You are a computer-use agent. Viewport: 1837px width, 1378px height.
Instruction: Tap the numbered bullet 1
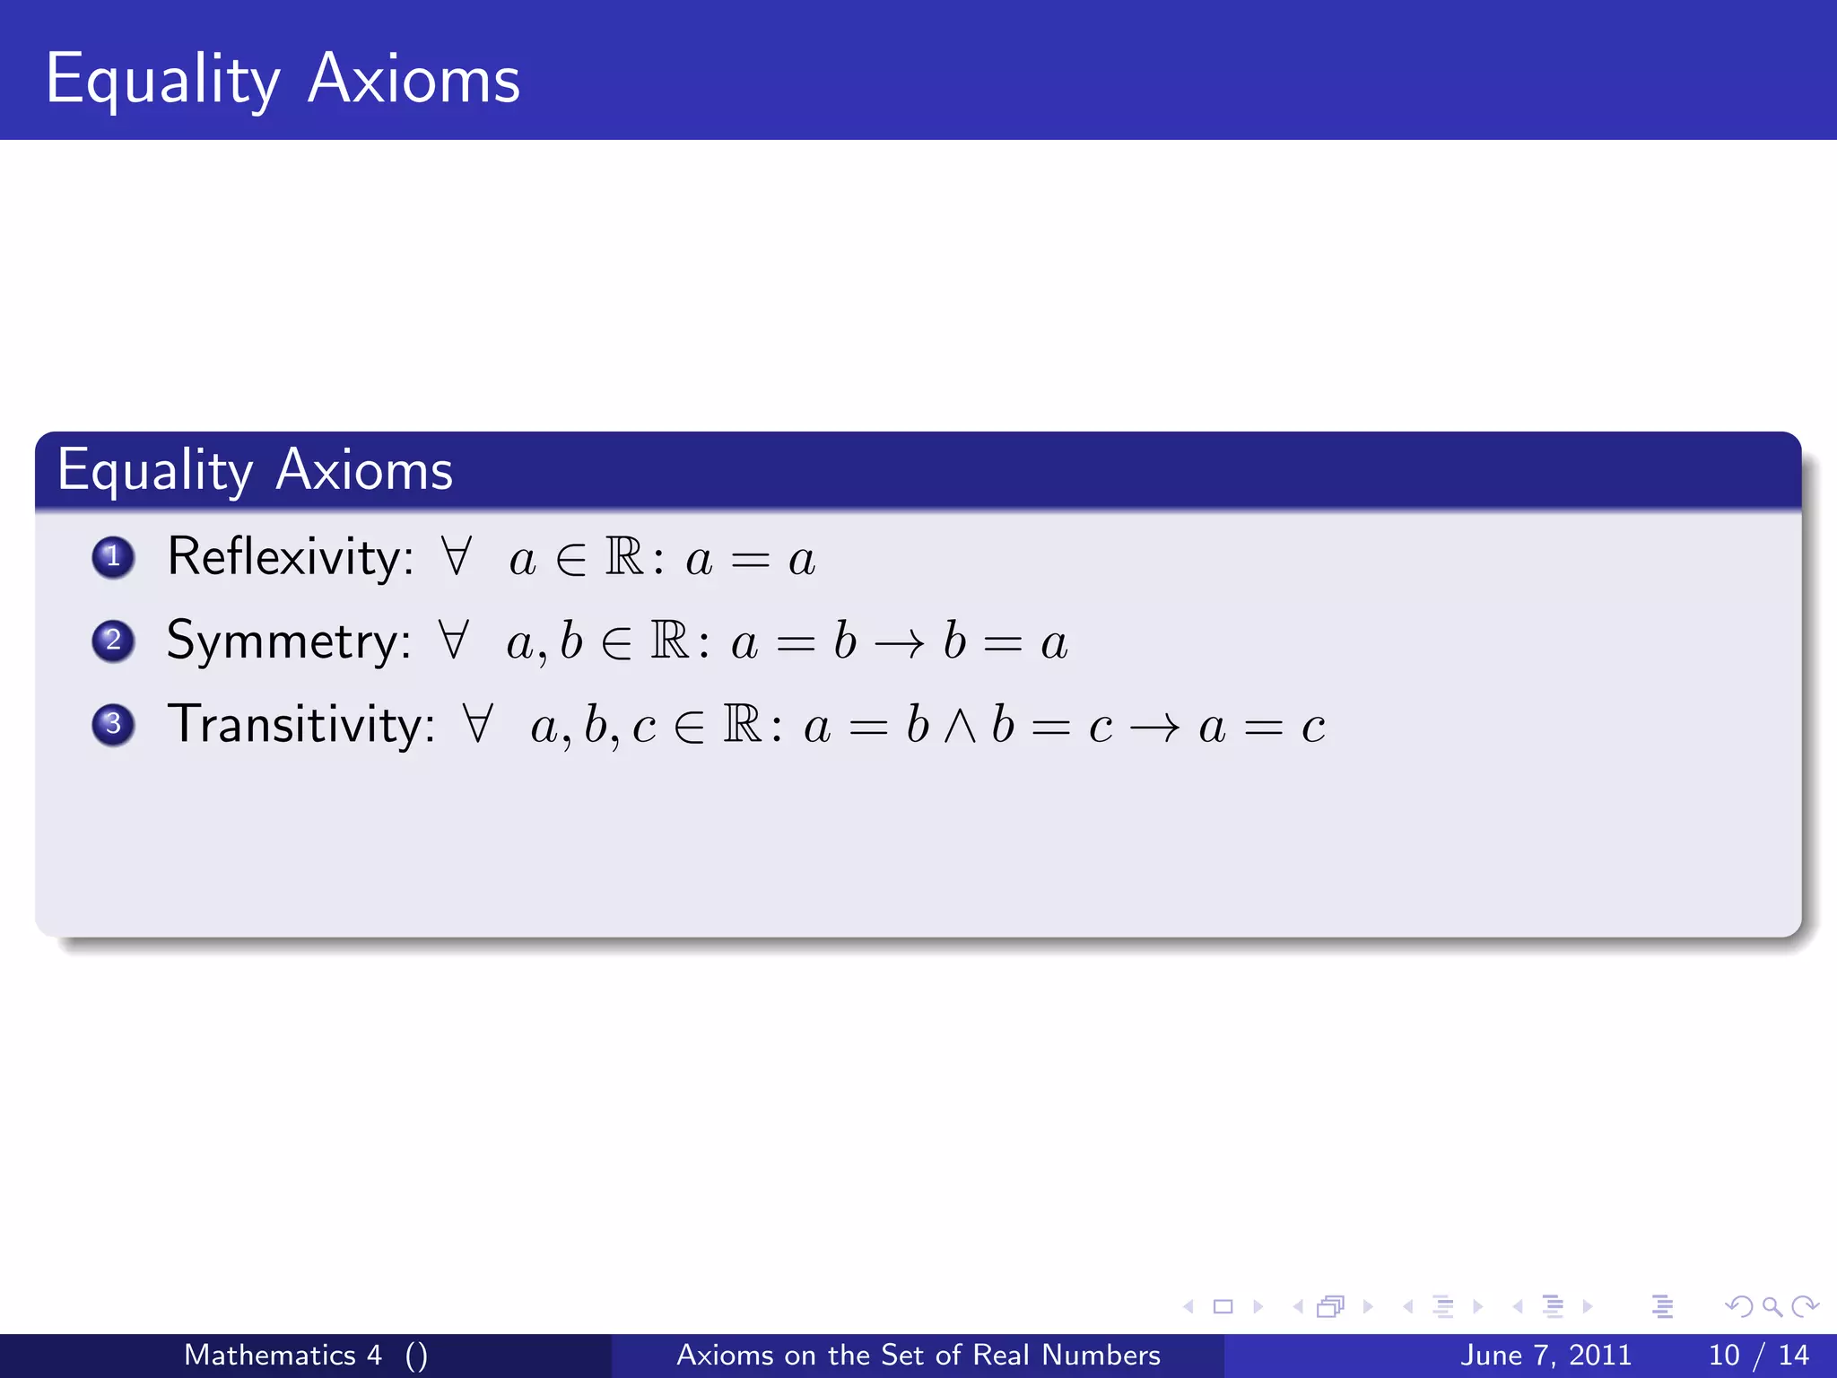(113, 557)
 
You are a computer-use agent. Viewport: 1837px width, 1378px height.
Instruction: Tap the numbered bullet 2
(113, 641)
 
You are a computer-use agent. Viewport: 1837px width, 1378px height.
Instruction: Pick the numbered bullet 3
(113, 724)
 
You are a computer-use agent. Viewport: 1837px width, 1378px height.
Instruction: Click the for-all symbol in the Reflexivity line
(456, 556)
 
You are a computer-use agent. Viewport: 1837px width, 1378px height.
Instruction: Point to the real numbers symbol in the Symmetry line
(669, 641)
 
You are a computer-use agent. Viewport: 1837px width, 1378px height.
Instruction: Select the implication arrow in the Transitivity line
(1154, 728)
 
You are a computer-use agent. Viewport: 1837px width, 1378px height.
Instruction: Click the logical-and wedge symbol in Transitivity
(960, 727)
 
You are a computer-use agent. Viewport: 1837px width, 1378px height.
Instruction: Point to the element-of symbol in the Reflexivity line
(570, 560)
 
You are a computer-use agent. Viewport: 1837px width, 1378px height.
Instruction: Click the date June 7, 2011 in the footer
(1545, 1355)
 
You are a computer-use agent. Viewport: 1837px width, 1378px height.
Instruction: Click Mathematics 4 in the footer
(283, 1355)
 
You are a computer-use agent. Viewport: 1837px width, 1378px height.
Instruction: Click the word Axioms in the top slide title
(414, 79)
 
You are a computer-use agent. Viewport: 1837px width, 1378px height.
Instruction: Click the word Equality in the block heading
(155, 470)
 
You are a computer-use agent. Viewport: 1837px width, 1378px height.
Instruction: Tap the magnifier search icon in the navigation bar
(1772, 1306)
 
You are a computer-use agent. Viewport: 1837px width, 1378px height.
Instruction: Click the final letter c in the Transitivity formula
(1313, 728)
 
